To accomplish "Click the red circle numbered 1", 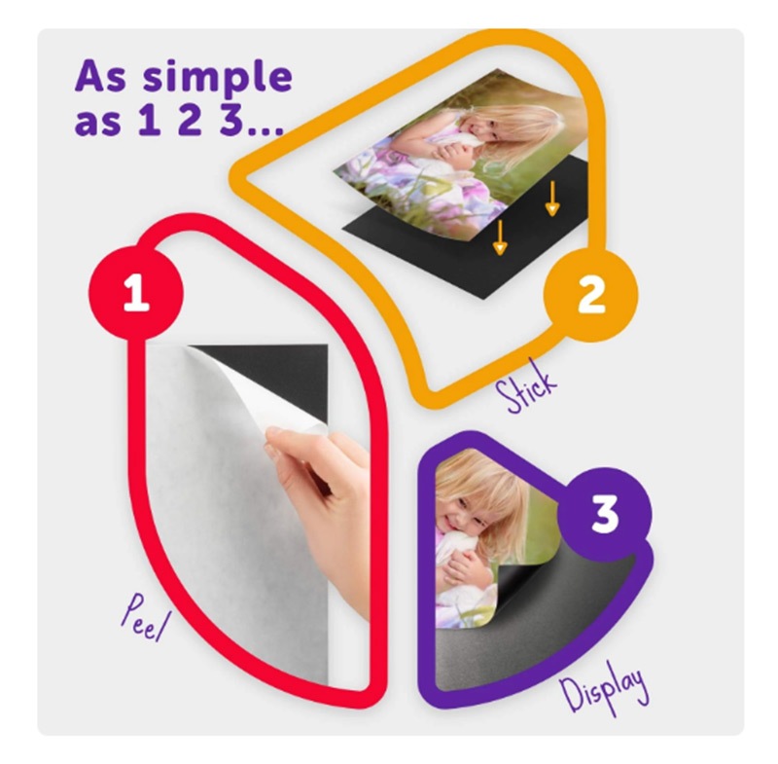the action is pos(136,293).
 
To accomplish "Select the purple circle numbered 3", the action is pos(605,514).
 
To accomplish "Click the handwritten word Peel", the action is pos(144,618).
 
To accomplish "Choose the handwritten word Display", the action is pos(604,688).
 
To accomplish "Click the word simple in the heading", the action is pos(217,77).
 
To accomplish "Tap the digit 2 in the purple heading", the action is pos(190,120).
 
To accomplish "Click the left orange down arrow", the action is pos(500,237).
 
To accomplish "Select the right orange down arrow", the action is pos(552,199).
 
